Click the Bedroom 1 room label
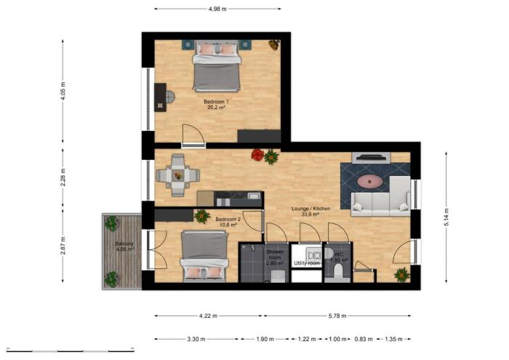pos(215,101)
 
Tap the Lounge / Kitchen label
pos(310,209)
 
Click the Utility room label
pos(307,263)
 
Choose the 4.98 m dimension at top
pos(217,9)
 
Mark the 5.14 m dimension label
pos(446,217)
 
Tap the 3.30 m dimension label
pos(196,340)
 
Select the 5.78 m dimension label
pos(336,316)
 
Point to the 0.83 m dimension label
pos(361,340)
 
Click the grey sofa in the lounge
pos(380,203)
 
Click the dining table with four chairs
pos(179,175)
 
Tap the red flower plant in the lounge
pos(257,154)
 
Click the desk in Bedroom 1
pos(160,97)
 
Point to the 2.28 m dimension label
pos(64,177)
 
